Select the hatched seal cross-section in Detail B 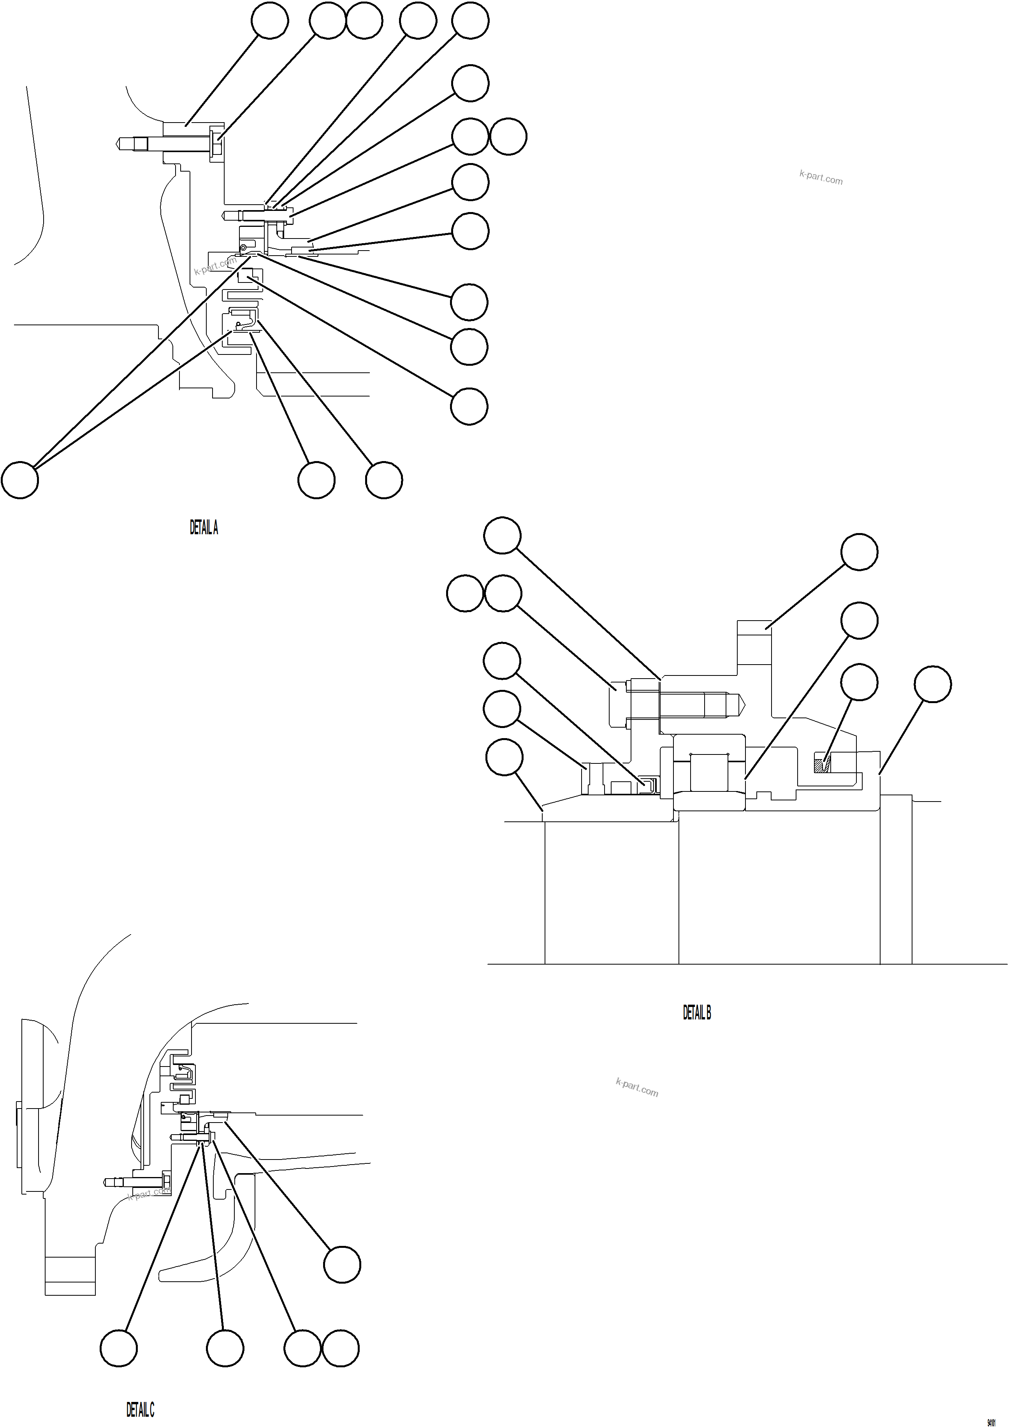823,764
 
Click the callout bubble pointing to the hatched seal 859,682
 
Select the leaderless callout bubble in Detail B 465,593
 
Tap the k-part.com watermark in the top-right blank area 821,177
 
